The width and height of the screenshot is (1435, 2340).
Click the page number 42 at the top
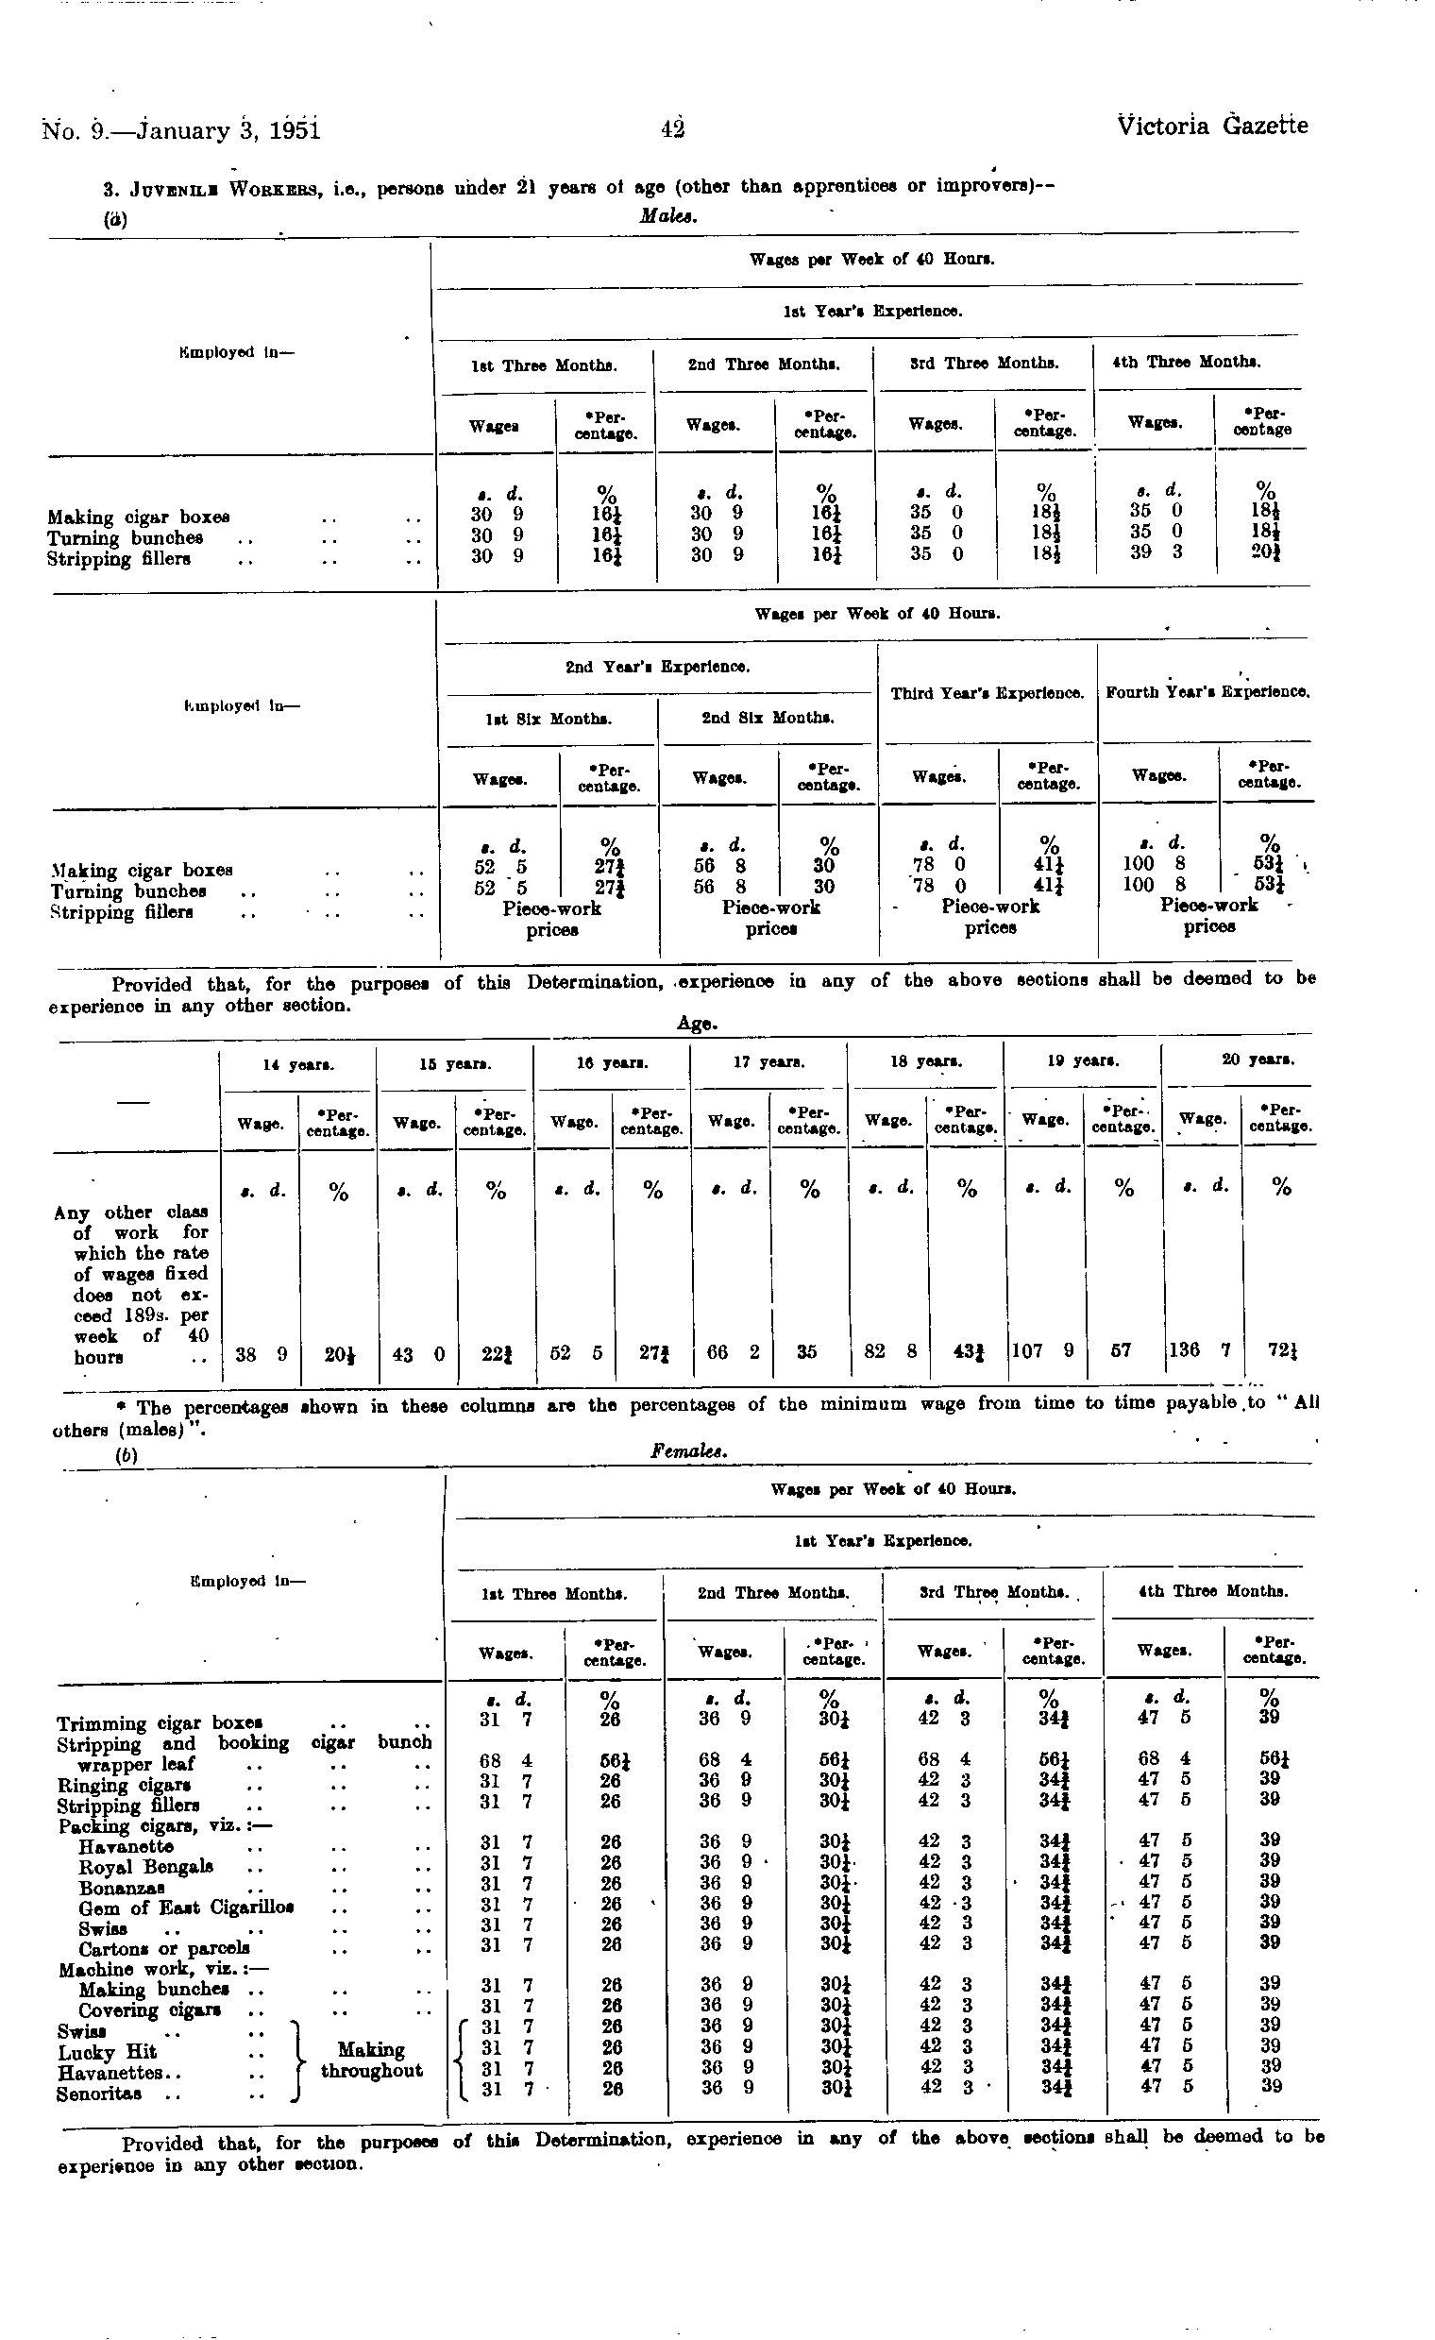tap(673, 128)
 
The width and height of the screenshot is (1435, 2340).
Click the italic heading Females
tap(689, 1452)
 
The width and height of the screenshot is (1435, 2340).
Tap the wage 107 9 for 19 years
tap(1043, 1350)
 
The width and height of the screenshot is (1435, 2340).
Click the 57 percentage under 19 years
tap(1121, 1350)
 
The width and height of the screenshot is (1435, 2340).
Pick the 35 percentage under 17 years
tap(806, 1350)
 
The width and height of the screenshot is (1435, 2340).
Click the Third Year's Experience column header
tap(987, 693)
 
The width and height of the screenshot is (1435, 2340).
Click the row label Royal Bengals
tap(145, 1867)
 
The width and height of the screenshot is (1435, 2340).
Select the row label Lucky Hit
tap(107, 2053)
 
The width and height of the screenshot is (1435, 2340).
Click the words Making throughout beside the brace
tap(371, 2060)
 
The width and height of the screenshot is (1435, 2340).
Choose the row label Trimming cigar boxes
tap(159, 1723)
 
